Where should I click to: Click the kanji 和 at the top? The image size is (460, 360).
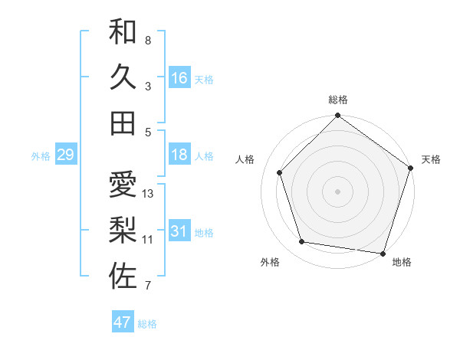pyautogui.click(x=123, y=31)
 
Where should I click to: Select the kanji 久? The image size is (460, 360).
pyautogui.click(x=123, y=77)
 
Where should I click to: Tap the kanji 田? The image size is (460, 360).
pyautogui.click(x=123, y=123)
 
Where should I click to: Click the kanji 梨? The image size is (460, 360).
pyautogui.click(x=123, y=230)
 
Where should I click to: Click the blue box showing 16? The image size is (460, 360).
pyautogui.click(x=179, y=78)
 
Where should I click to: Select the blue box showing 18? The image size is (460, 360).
pyautogui.click(x=179, y=155)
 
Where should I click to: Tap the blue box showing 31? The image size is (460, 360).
pyautogui.click(x=179, y=232)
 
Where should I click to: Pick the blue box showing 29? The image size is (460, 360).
pyautogui.click(x=65, y=155)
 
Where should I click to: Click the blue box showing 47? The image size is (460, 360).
pyautogui.click(x=123, y=322)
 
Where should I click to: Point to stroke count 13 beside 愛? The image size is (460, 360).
pyautogui.click(x=149, y=194)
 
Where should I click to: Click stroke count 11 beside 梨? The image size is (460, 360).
pyautogui.click(x=148, y=240)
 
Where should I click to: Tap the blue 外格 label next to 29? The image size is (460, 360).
pyautogui.click(x=41, y=156)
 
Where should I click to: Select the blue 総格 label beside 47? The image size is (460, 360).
pyautogui.click(x=147, y=324)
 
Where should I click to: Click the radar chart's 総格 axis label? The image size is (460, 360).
pyautogui.click(x=338, y=100)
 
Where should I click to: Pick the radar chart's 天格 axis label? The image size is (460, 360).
pyautogui.click(x=431, y=159)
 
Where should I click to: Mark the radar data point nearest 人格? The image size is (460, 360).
pyautogui.click(x=280, y=172)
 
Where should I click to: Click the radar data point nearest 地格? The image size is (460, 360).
pyautogui.click(x=383, y=253)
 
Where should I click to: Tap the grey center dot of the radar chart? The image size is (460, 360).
pyautogui.click(x=338, y=191)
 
